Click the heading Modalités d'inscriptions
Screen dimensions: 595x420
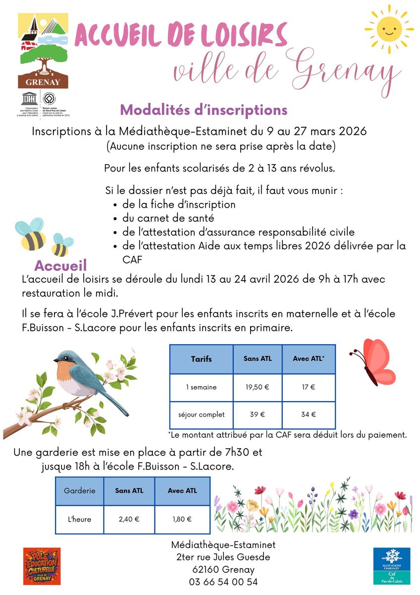204,109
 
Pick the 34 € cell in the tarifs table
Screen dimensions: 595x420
309,415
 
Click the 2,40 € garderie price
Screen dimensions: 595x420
129,519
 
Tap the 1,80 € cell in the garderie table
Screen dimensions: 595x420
182,519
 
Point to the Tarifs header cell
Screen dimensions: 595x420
201,359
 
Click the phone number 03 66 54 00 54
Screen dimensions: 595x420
223,582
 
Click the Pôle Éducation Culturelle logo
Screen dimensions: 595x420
42,566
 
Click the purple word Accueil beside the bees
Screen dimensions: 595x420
61,264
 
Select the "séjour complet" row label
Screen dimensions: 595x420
201,415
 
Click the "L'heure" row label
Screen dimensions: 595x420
80,519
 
